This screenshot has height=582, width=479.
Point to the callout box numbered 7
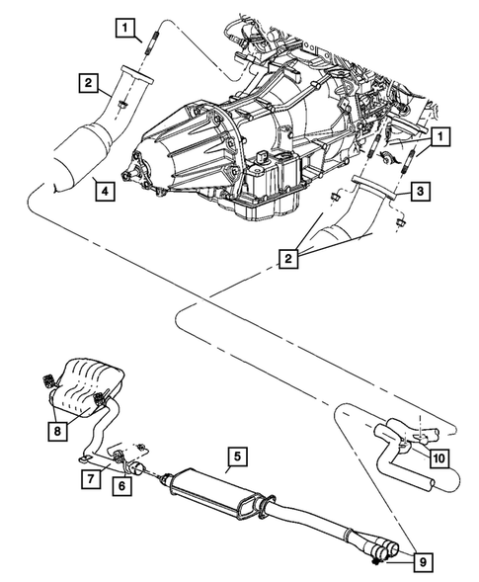click(x=89, y=478)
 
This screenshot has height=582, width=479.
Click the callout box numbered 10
click(x=438, y=457)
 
